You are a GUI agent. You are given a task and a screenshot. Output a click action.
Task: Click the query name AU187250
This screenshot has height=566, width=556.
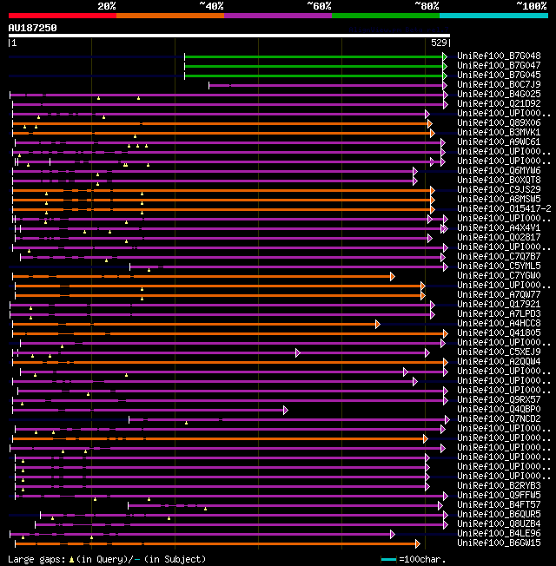[x=33, y=28]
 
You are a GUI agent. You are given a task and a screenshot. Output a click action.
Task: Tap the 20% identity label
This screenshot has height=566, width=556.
[x=106, y=6]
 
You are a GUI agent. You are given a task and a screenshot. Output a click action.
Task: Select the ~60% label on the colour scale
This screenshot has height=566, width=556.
[x=319, y=6]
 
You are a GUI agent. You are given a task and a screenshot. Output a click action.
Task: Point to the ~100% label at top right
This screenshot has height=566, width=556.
[x=532, y=6]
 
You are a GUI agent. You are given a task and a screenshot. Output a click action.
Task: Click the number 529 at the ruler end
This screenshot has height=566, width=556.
[x=439, y=43]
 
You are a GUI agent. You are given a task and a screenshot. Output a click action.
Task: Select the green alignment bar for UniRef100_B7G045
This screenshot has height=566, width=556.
[x=313, y=76]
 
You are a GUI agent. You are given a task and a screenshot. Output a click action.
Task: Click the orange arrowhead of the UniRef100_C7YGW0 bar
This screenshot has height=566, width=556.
[x=393, y=276]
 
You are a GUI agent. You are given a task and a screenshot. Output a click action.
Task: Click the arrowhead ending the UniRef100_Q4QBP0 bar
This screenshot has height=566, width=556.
[x=285, y=410]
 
